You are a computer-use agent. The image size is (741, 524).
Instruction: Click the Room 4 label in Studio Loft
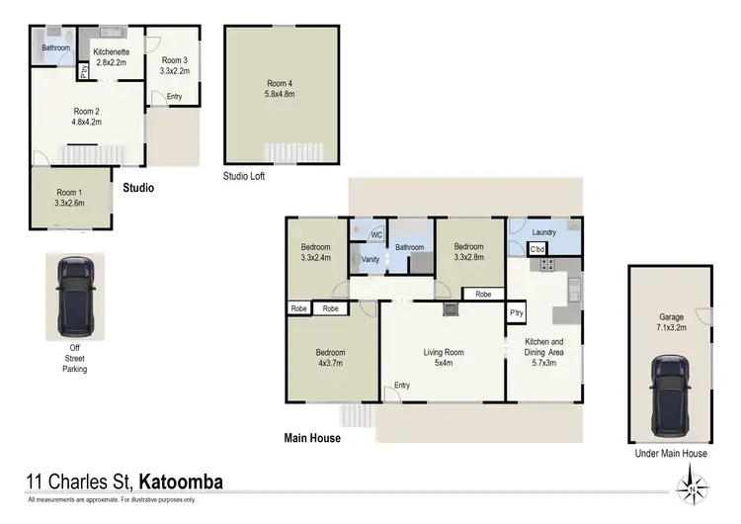click(x=281, y=88)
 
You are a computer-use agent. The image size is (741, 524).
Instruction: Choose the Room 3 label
click(x=174, y=64)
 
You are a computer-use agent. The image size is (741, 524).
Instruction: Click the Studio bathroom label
click(x=55, y=47)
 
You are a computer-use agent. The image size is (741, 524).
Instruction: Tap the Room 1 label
click(x=69, y=198)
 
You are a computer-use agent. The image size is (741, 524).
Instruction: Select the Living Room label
click(x=444, y=357)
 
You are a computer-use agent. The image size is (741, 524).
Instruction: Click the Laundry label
click(x=543, y=232)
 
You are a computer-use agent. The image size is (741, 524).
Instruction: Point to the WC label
click(x=375, y=234)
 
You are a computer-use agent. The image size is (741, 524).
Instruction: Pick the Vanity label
click(x=370, y=259)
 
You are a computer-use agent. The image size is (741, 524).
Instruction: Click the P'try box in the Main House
click(x=516, y=313)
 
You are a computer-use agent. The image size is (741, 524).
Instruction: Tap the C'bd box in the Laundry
click(x=537, y=250)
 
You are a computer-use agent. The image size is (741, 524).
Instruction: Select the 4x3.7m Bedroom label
click(x=330, y=358)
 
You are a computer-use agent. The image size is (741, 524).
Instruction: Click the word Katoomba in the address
click(x=181, y=482)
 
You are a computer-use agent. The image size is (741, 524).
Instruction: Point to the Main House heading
click(x=312, y=438)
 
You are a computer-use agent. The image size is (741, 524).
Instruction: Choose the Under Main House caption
click(x=671, y=454)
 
